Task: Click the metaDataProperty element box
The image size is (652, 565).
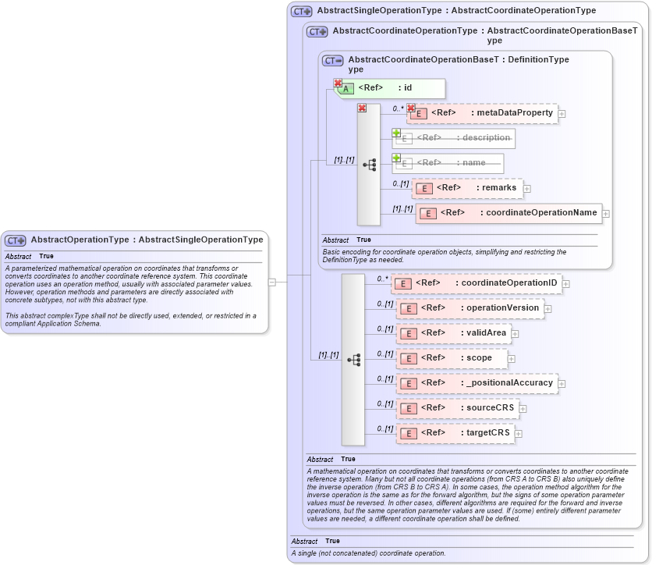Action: (x=484, y=113)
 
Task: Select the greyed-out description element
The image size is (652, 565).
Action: (x=454, y=138)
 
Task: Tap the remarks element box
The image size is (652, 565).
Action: (x=467, y=188)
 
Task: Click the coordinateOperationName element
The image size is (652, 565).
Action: (x=508, y=212)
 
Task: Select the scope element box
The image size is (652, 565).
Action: (x=452, y=358)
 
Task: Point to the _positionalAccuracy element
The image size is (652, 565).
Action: (x=477, y=383)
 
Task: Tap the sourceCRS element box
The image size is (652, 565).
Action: (x=457, y=407)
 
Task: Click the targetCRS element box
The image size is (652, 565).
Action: (x=455, y=432)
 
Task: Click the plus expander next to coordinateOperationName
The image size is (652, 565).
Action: (x=605, y=213)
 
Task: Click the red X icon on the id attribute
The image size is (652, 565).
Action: (x=338, y=83)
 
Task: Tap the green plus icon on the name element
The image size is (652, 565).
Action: (x=396, y=158)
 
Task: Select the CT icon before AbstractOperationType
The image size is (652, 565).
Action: (x=16, y=240)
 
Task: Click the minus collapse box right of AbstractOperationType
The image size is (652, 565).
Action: (x=271, y=282)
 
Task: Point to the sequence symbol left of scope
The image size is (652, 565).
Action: (x=354, y=359)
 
